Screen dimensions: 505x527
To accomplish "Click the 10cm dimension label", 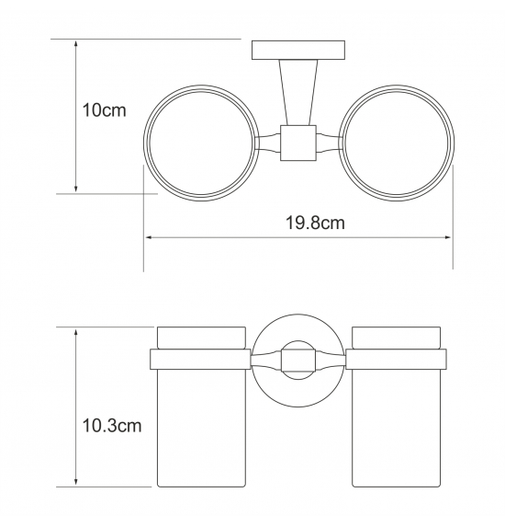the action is tap(104, 110).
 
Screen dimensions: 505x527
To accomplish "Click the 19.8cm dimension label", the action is tap(315, 223).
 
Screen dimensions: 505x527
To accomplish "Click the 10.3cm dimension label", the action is tap(112, 426).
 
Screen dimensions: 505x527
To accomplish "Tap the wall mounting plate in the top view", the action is tap(298, 50).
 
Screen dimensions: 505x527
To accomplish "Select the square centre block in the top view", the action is tap(298, 143).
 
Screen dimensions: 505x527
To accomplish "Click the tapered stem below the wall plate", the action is tap(298, 92).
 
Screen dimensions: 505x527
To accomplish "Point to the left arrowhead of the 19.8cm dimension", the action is tap(150, 237).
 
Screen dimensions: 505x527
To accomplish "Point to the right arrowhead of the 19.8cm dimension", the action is tap(448, 237).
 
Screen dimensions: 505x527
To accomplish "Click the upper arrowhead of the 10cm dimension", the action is tap(76, 44).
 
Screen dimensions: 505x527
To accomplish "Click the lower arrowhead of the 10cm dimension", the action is tap(76, 189).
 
